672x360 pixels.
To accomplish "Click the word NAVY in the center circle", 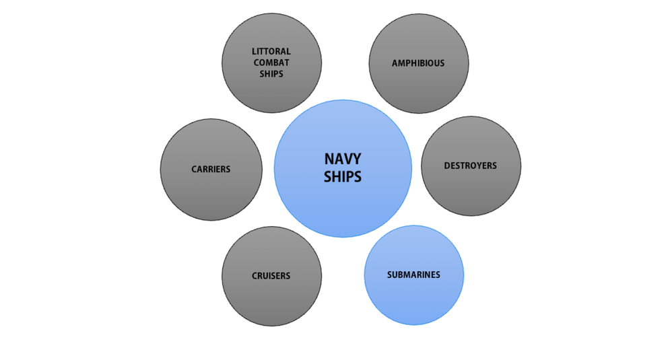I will click(343, 159).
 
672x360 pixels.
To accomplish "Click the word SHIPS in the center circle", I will click(343, 176).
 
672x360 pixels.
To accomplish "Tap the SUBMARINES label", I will click(413, 275).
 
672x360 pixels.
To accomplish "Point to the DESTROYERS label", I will click(470, 166).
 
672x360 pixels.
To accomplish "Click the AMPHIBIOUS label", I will click(418, 63).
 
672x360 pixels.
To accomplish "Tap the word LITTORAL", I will click(271, 51).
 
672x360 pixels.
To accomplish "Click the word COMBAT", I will click(271, 63).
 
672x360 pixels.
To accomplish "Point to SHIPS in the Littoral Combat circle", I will click(271, 74).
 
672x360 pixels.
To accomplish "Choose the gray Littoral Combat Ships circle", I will click(271, 94).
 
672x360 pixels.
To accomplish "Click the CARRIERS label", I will click(211, 170).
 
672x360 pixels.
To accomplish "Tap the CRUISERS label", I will click(271, 276).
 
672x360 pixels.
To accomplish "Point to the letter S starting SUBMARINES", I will click(390, 275).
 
